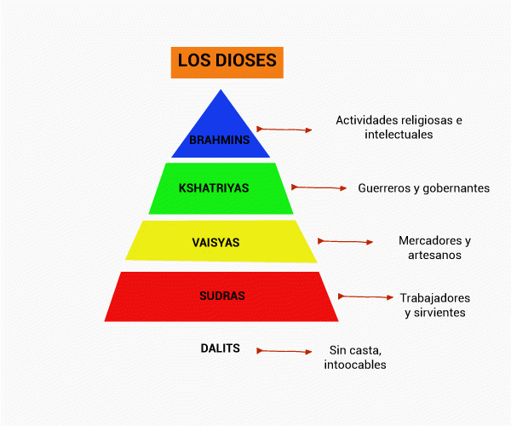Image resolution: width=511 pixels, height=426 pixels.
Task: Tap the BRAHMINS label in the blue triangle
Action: point(220,140)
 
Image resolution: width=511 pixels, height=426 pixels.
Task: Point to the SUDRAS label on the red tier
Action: point(221,296)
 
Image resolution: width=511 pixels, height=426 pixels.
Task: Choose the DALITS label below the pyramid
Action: point(220,348)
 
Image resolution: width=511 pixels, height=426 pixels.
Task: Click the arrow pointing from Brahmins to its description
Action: point(284,130)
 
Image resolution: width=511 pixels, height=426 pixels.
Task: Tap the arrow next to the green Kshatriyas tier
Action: point(319,187)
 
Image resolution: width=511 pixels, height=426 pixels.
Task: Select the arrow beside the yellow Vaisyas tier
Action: point(345,241)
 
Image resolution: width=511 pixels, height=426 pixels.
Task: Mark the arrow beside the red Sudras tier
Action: point(365,296)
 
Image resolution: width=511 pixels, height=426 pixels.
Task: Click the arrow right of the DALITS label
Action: point(284,350)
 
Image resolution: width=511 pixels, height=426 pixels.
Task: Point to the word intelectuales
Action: point(399,135)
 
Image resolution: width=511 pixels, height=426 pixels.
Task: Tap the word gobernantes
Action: point(457,187)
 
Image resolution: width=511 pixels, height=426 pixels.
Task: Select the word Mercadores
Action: point(429,240)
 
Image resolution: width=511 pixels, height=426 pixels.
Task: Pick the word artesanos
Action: point(434,255)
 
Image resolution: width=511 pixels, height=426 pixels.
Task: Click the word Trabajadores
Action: point(434,298)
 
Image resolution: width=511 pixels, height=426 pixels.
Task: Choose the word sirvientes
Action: point(441,313)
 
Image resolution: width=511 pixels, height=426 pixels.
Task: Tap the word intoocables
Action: point(355,365)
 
